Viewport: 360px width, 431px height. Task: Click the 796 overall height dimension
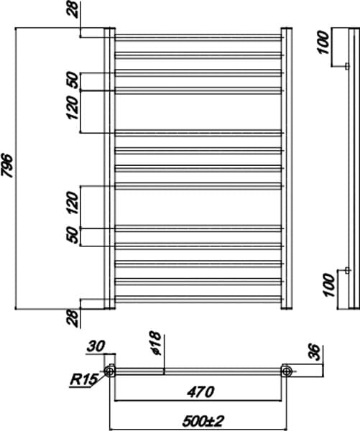(x=7, y=166)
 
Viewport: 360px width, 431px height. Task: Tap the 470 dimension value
(x=200, y=391)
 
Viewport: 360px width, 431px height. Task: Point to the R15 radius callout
(x=83, y=380)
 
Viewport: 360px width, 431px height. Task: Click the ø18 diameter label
(x=156, y=343)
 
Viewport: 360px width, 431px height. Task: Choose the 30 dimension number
(x=96, y=347)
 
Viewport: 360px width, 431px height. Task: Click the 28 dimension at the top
(x=73, y=10)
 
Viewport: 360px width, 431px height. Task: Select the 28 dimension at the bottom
(x=73, y=318)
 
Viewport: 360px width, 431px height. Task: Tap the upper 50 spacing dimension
(x=73, y=80)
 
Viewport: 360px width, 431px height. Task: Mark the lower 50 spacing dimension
(x=73, y=235)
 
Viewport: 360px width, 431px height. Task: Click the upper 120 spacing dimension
(x=73, y=108)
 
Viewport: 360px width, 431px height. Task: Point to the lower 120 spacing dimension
(x=73, y=203)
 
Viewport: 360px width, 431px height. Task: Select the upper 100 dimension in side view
(x=323, y=42)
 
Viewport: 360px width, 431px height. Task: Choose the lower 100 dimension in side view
(x=329, y=284)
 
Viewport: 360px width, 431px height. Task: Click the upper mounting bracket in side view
(x=347, y=66)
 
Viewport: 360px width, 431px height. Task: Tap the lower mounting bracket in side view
(x=347, y=271)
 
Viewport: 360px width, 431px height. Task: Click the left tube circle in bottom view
(x=110, y=371)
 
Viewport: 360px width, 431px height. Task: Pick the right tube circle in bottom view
(x=287, y=371)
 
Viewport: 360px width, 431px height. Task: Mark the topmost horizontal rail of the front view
(x=198, y=37)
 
